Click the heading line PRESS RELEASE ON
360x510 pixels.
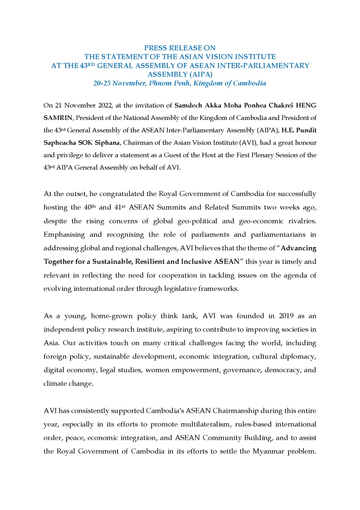point(180,48)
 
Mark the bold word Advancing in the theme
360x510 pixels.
point(299,248)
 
